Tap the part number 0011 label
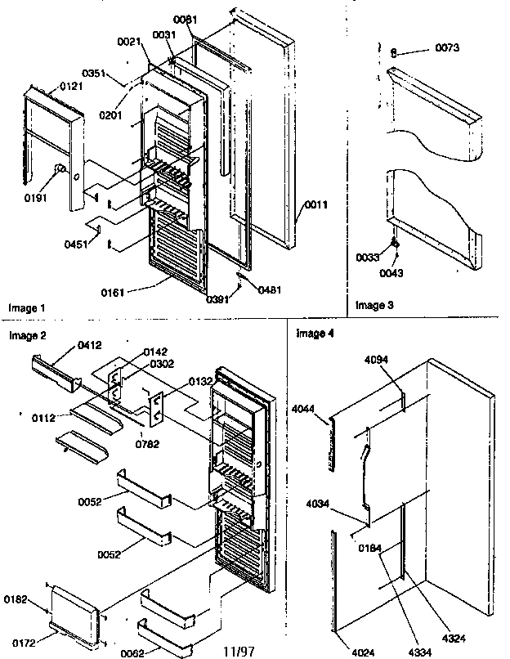tap(315, 205)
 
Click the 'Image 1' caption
tap(27, 308)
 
